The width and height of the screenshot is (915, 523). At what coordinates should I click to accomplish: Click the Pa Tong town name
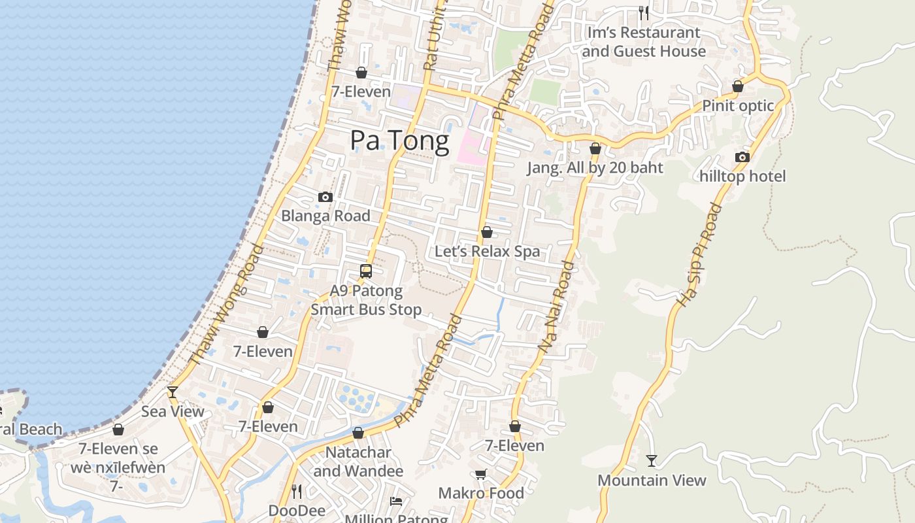coord(399,141)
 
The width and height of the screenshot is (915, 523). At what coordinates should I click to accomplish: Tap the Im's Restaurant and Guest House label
coord(644,42)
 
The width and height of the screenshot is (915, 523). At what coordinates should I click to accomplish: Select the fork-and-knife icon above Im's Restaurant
coord(644,12)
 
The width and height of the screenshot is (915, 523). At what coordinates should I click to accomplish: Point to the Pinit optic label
coord(738,106)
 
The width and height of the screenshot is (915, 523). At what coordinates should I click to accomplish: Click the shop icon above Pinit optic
coord(738,86)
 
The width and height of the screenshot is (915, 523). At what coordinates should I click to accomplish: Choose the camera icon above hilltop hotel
coord(742,157)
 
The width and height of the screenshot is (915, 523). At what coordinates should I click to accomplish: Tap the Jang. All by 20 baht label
coord(595,168)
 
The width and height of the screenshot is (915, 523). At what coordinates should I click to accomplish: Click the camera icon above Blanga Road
coord(325,197)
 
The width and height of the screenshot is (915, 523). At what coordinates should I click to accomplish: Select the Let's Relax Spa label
coord(487,252)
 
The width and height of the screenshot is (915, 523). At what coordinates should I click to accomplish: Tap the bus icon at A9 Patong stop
coord(366,271)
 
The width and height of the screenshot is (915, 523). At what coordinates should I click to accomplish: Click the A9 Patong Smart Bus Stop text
coord(366,300)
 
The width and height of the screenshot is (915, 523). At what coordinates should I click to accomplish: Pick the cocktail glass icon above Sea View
coord(173,392)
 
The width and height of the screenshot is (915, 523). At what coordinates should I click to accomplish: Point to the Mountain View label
coord(652,481)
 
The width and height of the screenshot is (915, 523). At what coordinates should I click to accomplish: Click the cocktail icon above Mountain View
coord(652,461)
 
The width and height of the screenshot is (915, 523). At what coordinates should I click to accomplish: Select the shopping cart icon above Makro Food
coord(481,474)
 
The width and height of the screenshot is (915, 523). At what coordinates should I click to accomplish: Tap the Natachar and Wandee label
coord(358,462)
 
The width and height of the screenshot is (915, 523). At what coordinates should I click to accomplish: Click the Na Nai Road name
coord(556,307)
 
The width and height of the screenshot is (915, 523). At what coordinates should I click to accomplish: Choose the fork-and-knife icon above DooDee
coord(296,490)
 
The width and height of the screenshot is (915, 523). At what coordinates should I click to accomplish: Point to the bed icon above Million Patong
coord(396,501)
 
